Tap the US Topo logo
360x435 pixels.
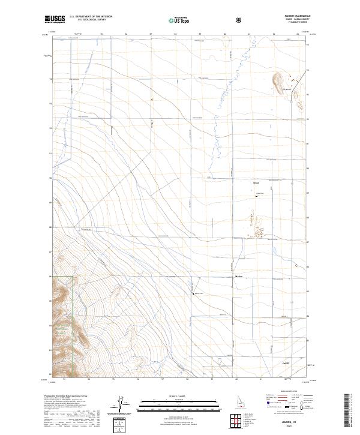[x=179, y=20]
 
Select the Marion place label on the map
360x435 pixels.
[x=238, y=277]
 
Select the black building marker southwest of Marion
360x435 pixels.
[x=193, y=293]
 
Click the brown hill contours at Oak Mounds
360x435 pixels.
[x=279, y=78]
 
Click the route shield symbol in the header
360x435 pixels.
[x=239, y=20]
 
